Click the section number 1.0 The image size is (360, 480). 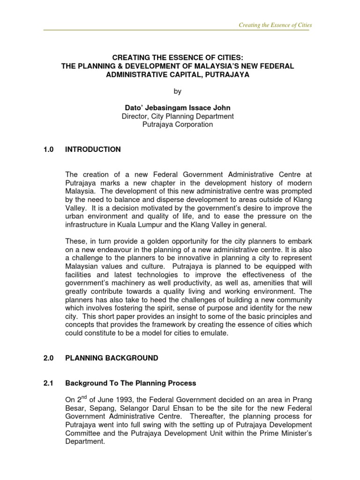[x=49, y=150]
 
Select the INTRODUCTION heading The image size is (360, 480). [x=93, y=150]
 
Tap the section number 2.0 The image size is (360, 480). [x=49, y=358]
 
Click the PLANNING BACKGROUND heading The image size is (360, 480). [x=112, y=358]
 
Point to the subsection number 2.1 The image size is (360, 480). [x=49, y=383]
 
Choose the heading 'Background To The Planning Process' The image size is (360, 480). [x=130, y=383]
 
